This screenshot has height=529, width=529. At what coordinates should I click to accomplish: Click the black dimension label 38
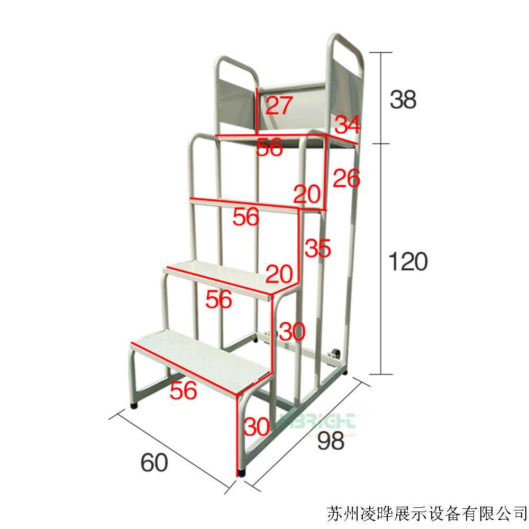(x=403, y=99)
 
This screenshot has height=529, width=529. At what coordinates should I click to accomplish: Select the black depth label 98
(x=331, y=440)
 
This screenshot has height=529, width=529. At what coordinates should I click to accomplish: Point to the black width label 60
(x=154, y=463)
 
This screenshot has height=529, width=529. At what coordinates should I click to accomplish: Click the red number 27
(x=279, y=106)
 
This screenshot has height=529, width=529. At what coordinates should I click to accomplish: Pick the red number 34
(x=348, y=125)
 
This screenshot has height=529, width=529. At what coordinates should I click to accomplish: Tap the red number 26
(x=346, y=179)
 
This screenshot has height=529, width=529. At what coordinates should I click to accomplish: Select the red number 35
(x=318, y=248)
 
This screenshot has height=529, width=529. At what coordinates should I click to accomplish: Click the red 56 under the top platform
(x=270, y=148)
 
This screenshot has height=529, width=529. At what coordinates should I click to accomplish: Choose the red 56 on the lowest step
(x=184, y=391)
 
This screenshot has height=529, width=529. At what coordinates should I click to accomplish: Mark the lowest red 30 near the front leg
(x=256, y=426)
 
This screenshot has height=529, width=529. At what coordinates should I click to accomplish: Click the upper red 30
(x=291, y=332)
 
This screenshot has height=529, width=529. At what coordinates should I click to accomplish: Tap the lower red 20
(x=279, y=273)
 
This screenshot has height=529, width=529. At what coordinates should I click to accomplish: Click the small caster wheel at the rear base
(x=335, y=354)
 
